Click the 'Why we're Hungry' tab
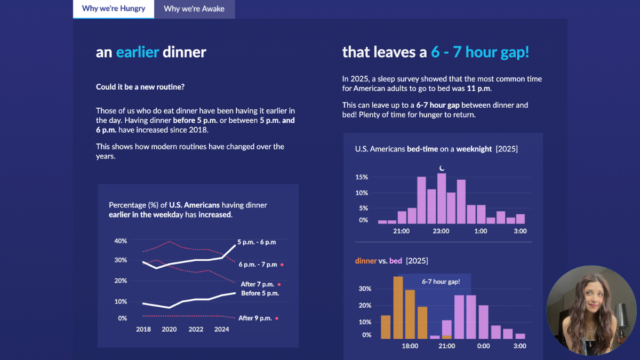point(114,9)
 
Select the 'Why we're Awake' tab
point(194,9)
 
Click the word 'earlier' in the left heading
point(138,52)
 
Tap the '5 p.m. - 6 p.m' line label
point(257,242)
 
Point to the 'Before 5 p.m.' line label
point(260,293)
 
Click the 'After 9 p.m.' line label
point(255,318)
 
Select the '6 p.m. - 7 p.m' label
point(258,265)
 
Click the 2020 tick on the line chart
point(169,330)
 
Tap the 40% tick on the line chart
point(121,241)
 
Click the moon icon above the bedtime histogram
point(442,169)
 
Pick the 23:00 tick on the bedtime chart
point(441,231)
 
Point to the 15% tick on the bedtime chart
point(362,177)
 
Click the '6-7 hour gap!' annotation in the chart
point(441,282)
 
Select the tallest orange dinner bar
point(398,307)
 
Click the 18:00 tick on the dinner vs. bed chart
point(410,346)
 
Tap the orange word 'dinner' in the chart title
point(366,261)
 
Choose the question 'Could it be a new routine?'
point(140,87)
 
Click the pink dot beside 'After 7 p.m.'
point(279,285)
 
